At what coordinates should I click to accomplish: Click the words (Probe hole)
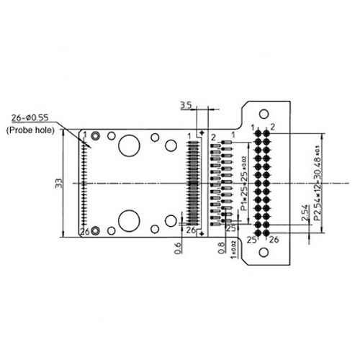click(33, 130)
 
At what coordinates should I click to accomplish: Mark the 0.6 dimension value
click(178, 248)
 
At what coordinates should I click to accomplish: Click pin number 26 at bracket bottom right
click(273, 240)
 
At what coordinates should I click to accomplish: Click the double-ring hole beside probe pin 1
click(111, 135)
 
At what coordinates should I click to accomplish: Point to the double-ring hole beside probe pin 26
click(111, 230)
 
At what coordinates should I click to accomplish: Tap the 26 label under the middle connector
click(191, 230)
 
